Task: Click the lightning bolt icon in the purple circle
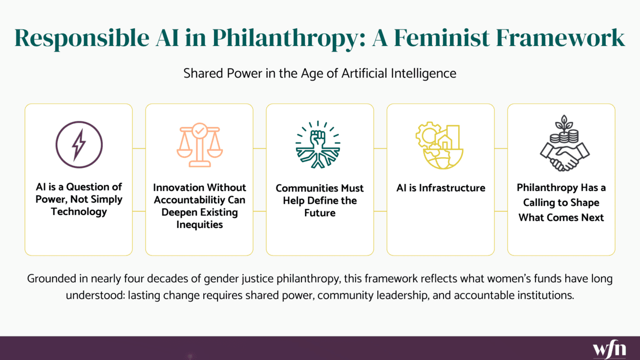(x=79, y=145)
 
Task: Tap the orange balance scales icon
(x=199, y=145)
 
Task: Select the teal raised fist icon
(x=318, y=145)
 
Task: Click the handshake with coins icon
(x=564, y=143)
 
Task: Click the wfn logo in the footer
(x=609, y=349)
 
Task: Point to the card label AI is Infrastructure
(x=441, y=188)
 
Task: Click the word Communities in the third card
(x=307, y=188)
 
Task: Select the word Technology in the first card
(x=79, y=212)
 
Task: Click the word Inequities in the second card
(x=199, y=225)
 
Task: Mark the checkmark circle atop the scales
(x=200, y=131)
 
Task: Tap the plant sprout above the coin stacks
(x=564, y=123)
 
